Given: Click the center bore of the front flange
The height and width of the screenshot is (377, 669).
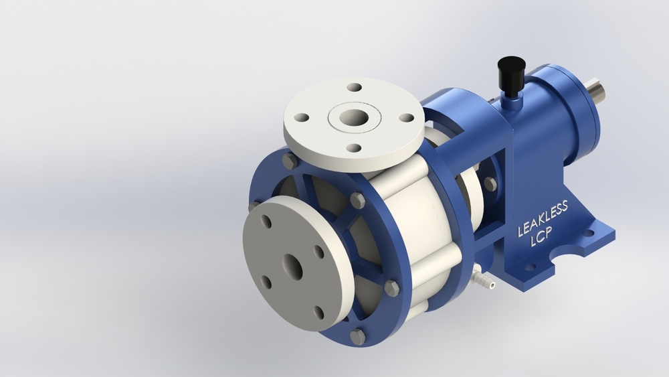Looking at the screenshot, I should point(292,267).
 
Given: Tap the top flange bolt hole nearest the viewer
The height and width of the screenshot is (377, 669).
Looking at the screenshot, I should point(354,148).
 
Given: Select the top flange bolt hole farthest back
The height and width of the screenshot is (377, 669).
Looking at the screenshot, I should point(355,87).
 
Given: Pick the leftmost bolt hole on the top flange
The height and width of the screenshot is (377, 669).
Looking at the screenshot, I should point(302,117).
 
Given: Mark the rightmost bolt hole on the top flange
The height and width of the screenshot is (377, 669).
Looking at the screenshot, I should point(406,118).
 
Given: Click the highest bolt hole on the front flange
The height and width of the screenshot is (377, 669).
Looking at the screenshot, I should point(266,222).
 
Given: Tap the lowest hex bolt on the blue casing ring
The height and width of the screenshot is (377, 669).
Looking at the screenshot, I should point(358,336).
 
